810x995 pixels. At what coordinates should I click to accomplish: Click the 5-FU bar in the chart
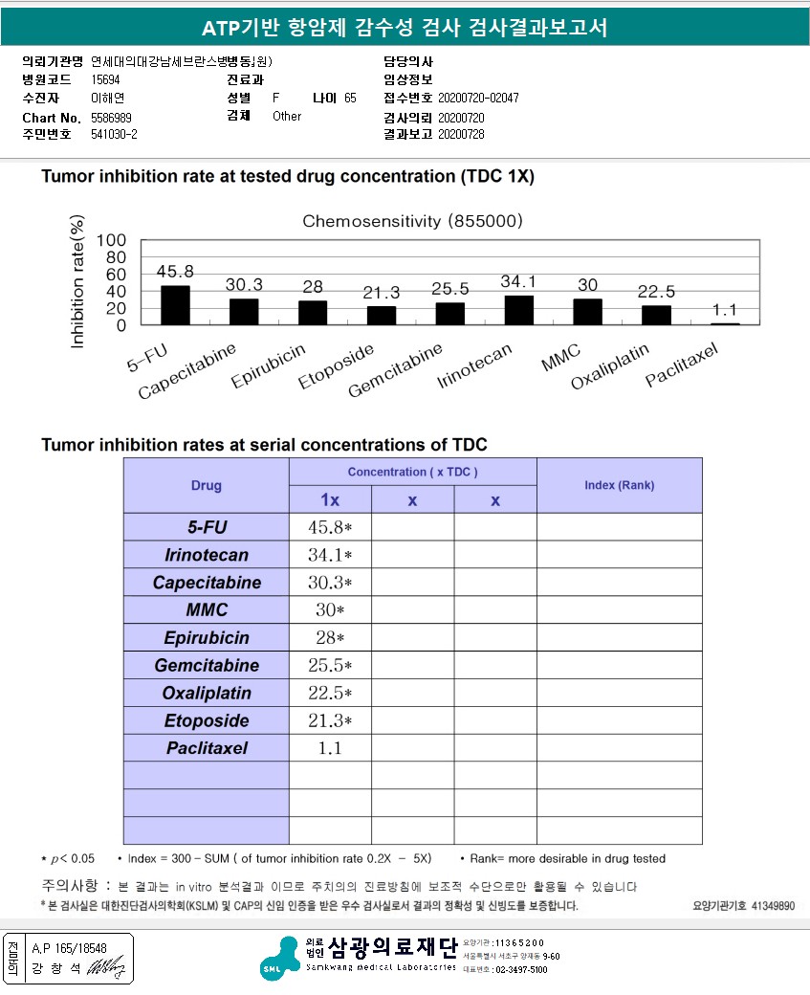tap(175, 305)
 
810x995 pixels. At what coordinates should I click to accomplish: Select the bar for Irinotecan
tap(518, 310)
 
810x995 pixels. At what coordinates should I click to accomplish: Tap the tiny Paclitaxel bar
tap(725, 324)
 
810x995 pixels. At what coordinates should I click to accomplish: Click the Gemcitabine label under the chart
tap(395, 371)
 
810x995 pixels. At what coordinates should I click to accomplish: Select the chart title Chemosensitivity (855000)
tap(412, 221)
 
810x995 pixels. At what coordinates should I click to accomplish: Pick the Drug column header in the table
tap(206, 485)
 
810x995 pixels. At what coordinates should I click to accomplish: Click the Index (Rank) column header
tap(619, 485)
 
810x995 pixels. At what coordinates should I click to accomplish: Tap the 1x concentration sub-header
tap(329, 499)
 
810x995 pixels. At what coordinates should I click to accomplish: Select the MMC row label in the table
tap(206, 609)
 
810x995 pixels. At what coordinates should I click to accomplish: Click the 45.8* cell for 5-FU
tap(330, 527)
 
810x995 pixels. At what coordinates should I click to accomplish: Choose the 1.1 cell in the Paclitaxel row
tap(330, 748)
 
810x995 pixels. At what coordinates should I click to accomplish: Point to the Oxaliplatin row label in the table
tap(206, 693)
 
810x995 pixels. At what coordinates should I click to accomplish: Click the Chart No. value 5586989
tap(112, 117)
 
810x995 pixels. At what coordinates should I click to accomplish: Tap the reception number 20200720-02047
tap(478, 99)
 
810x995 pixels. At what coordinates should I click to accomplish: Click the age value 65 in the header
tap(350, 99)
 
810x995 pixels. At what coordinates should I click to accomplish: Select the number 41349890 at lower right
tap(773, 905)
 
